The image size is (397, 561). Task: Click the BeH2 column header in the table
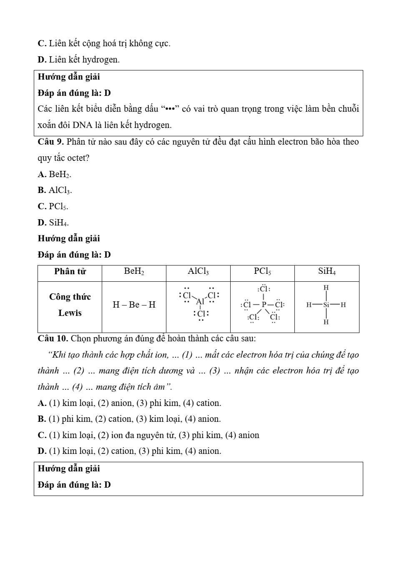coord(134,272)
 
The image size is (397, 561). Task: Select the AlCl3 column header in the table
coord(198,272)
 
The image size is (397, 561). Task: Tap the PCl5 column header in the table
coord(262,272)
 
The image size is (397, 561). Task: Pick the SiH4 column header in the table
coord(327,272)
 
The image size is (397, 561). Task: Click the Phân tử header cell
coord(70,272)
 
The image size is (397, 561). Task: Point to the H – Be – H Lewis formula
coord(134,305)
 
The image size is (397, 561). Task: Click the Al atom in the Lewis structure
coord(201,301)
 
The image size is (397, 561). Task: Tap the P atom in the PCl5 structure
coord(264,304)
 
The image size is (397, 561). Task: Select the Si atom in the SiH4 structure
coord(326,305)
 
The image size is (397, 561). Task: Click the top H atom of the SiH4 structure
coord(326,288)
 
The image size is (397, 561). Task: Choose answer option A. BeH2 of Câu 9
coord(54,174)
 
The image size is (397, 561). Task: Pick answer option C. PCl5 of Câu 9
coord(53,206)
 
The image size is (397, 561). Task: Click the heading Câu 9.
coord(50,142)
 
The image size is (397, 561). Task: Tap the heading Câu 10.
coord(53,338)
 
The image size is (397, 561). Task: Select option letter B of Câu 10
coord(42,419)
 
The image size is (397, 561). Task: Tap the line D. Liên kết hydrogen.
coord(78,60)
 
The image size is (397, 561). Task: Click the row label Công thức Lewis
coord(70,305)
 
